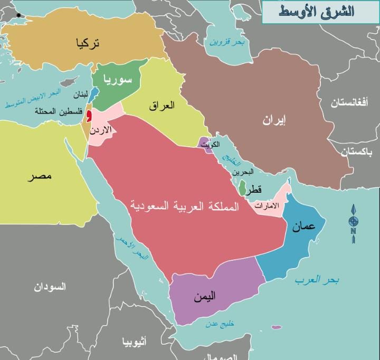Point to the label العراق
(162, 105)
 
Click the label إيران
(274, 120)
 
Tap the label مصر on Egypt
(42, 175)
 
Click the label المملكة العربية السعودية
(183, 206)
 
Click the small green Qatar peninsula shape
(242, 187)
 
